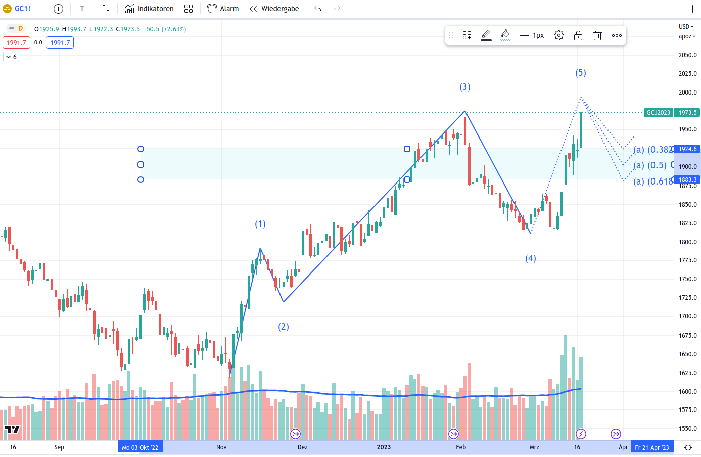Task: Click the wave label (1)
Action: pos(260,224)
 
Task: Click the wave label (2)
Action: pos(284,327)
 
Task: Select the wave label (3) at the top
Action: pos(465,87)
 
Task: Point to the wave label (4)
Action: pos(531,258)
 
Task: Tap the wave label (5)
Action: pos(581,73)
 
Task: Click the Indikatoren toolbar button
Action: pos(150,9)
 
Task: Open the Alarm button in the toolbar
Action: pos(223,9)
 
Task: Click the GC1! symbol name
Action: pos(22,9)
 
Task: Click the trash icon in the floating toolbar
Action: pos(597,35)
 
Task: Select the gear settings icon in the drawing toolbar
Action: pos(559,35)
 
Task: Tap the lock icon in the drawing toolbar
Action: pos(578,35)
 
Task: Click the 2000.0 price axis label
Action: pos(687,93)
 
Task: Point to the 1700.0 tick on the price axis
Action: pos(687,316)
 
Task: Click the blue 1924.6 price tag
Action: pos(687,149)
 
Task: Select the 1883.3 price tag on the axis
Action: pos(687,180)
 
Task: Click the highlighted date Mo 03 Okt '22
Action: pos(140,447)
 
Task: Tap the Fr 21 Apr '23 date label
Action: pos(652,447)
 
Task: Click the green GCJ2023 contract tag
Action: pos(658,113)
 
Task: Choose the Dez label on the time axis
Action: pos(303,447)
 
